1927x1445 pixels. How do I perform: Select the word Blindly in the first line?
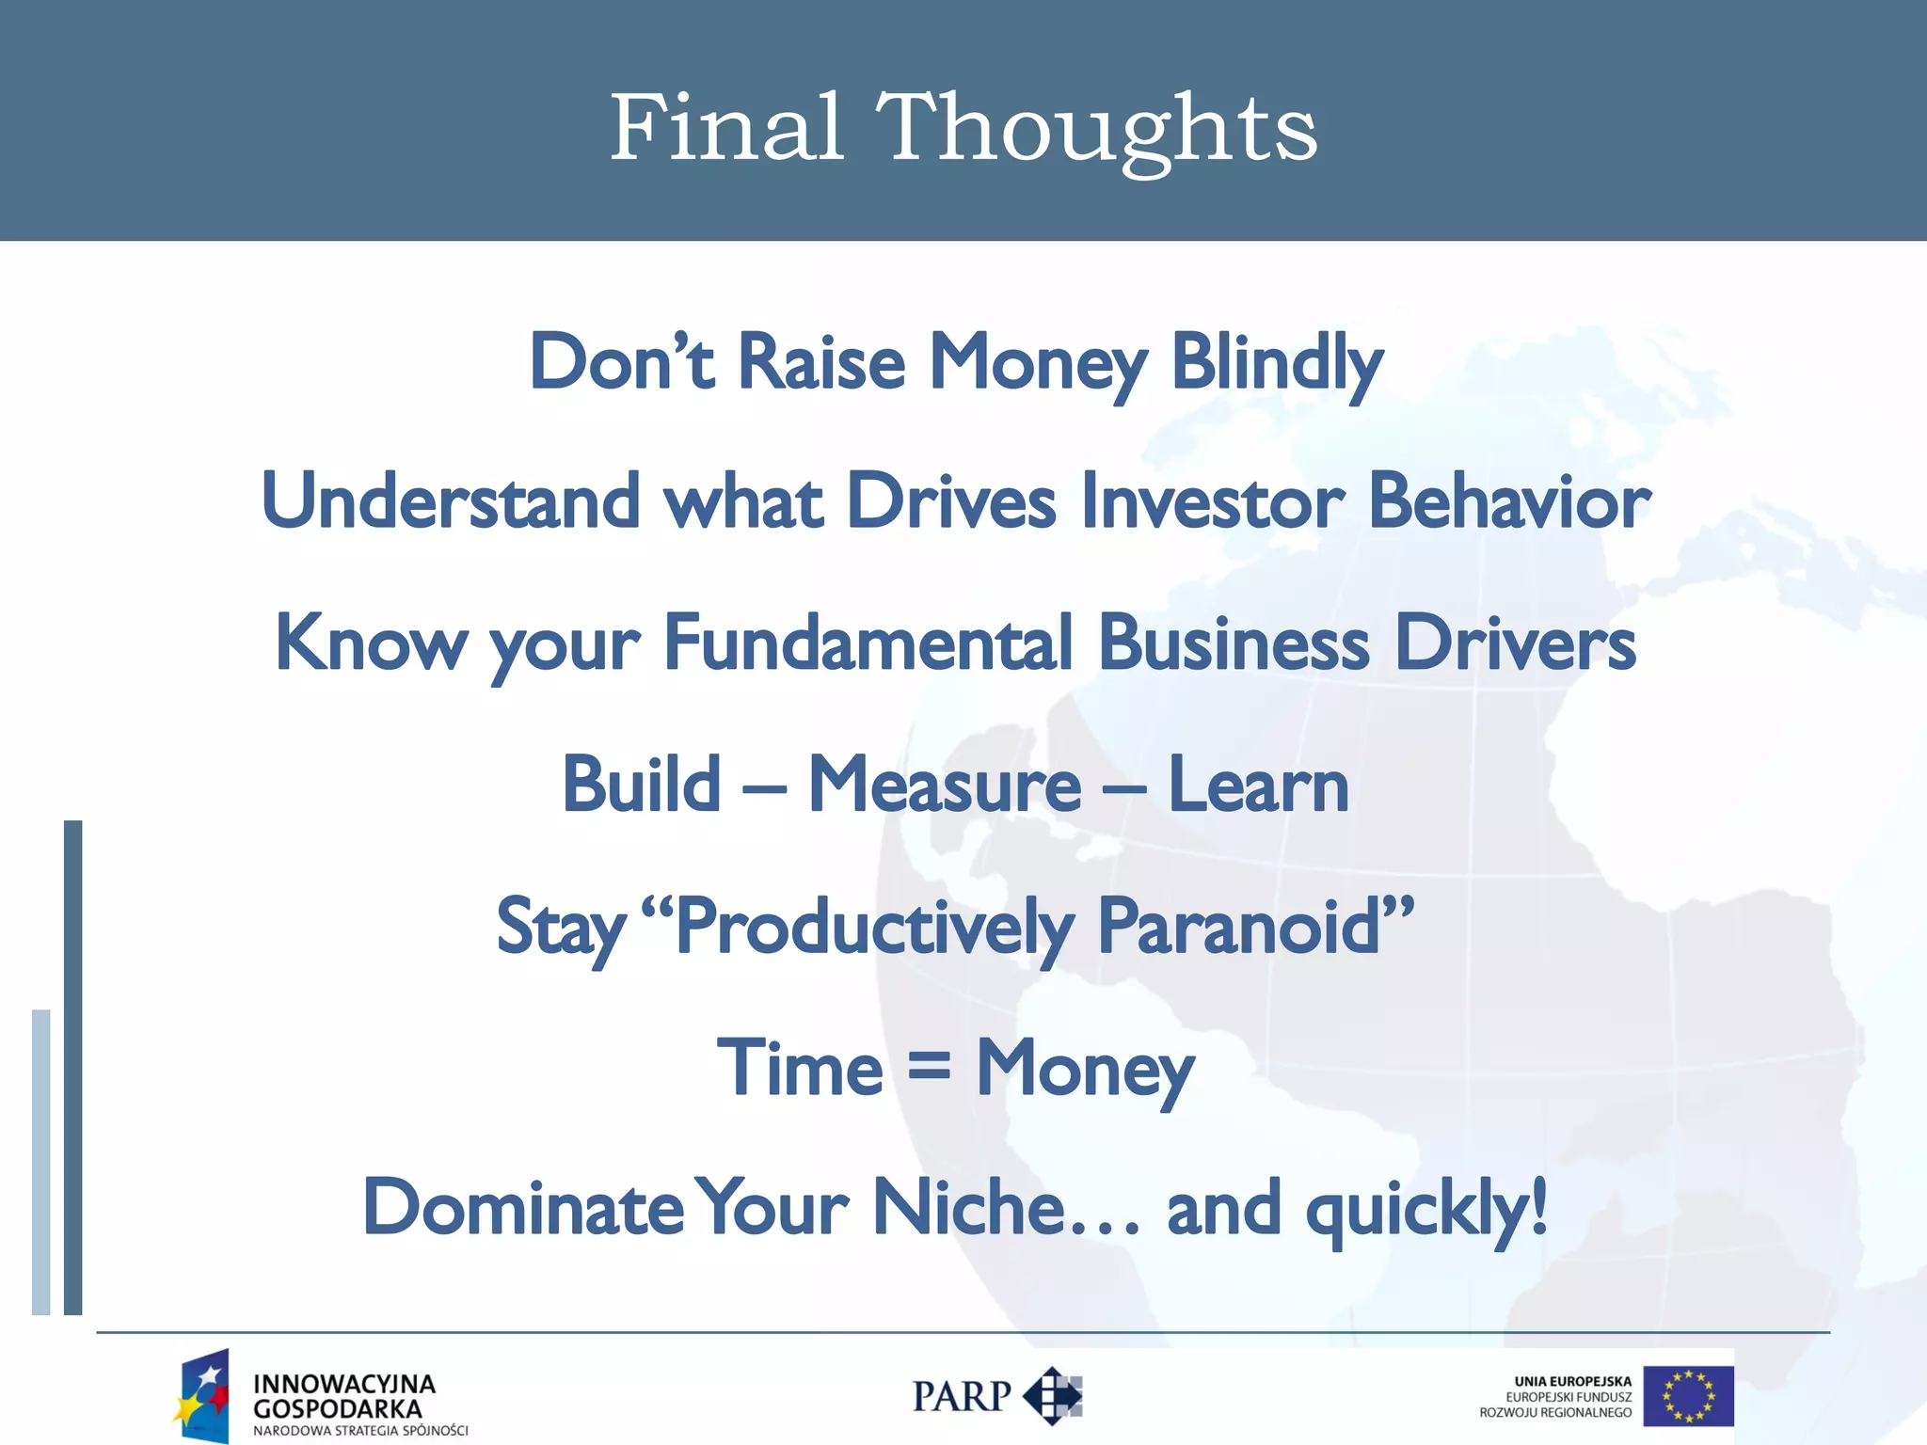1276,363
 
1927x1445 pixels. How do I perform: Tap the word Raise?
821,363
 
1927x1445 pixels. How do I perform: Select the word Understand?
451,502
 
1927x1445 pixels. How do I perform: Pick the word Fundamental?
868,643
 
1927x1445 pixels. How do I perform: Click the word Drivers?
1515,643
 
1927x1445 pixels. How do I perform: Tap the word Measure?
945,785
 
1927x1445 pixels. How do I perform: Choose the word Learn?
1258,785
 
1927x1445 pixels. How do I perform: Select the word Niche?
969,1208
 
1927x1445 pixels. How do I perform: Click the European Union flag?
1688,1397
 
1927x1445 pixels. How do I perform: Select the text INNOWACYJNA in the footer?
344,1384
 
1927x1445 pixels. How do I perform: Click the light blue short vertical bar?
41,1162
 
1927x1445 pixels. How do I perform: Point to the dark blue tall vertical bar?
73,1067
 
